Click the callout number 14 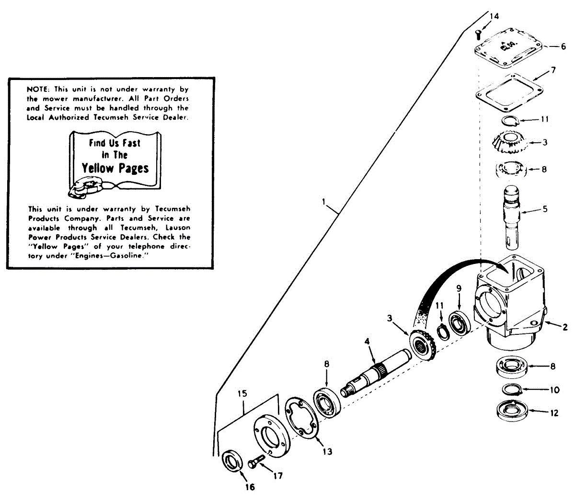494,16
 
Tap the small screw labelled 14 478,34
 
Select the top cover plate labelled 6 508,48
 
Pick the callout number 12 554,412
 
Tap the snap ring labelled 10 512,390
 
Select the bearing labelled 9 459,323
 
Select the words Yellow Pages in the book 115,168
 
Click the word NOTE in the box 35,89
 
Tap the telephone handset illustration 85,187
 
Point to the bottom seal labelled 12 511,412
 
